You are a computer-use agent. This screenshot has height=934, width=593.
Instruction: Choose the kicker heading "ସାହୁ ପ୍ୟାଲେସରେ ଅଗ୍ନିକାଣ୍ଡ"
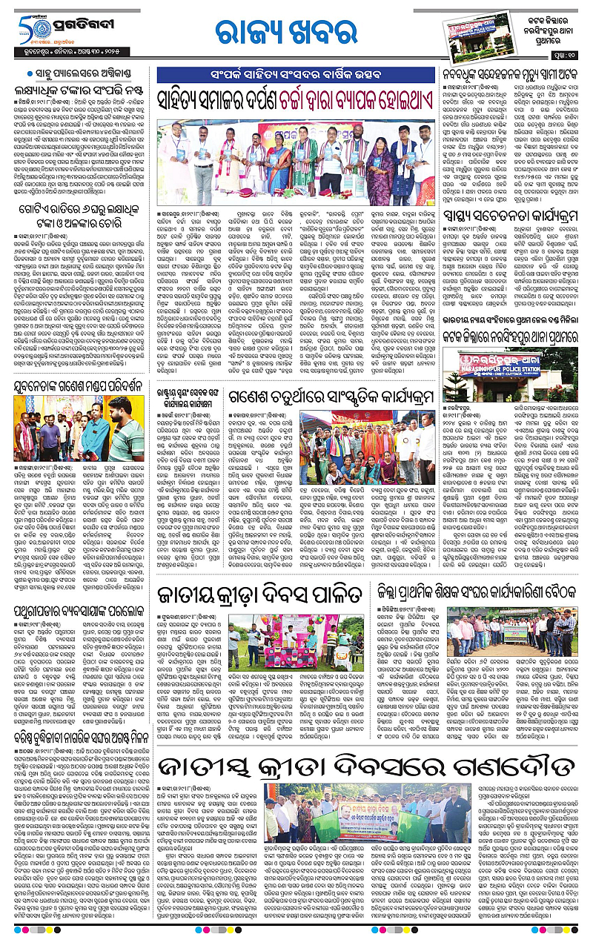[77, 74]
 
